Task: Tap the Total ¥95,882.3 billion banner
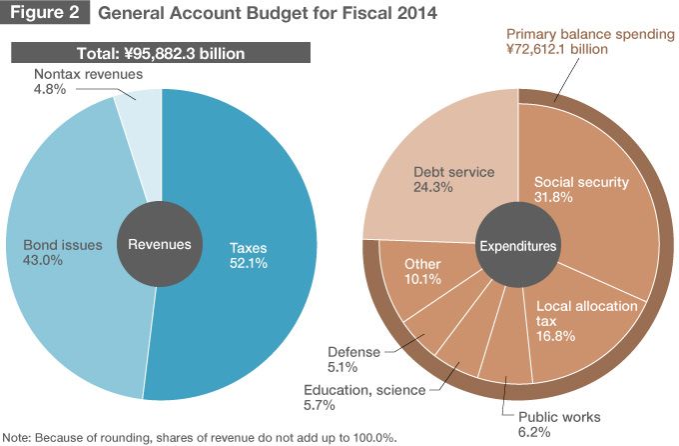(x=160, y=52)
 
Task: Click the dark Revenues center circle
(x=160, y=244)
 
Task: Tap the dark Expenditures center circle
(x=518, y=244)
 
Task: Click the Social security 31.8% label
(x=581, y=190)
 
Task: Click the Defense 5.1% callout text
(x=353, y=359)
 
